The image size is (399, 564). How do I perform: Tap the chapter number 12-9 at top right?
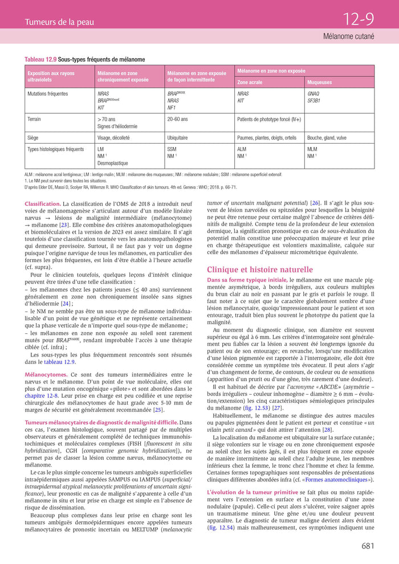[358, 20]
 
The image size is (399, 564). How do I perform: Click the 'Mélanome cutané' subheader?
[348, 36]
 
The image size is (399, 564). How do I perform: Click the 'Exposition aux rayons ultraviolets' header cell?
[51, 76]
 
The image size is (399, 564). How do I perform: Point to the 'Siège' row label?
[33, 138]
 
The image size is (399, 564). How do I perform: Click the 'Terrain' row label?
[35, 120]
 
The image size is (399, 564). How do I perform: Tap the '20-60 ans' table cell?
[178, 120]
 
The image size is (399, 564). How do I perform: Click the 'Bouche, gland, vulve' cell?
[327, 138]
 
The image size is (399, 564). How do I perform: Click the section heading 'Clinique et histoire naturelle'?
[259, 269]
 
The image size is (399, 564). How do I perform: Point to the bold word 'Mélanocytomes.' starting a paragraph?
[46, 374]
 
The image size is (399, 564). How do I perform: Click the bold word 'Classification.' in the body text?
[43, 203]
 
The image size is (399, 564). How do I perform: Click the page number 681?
[368, 546]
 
